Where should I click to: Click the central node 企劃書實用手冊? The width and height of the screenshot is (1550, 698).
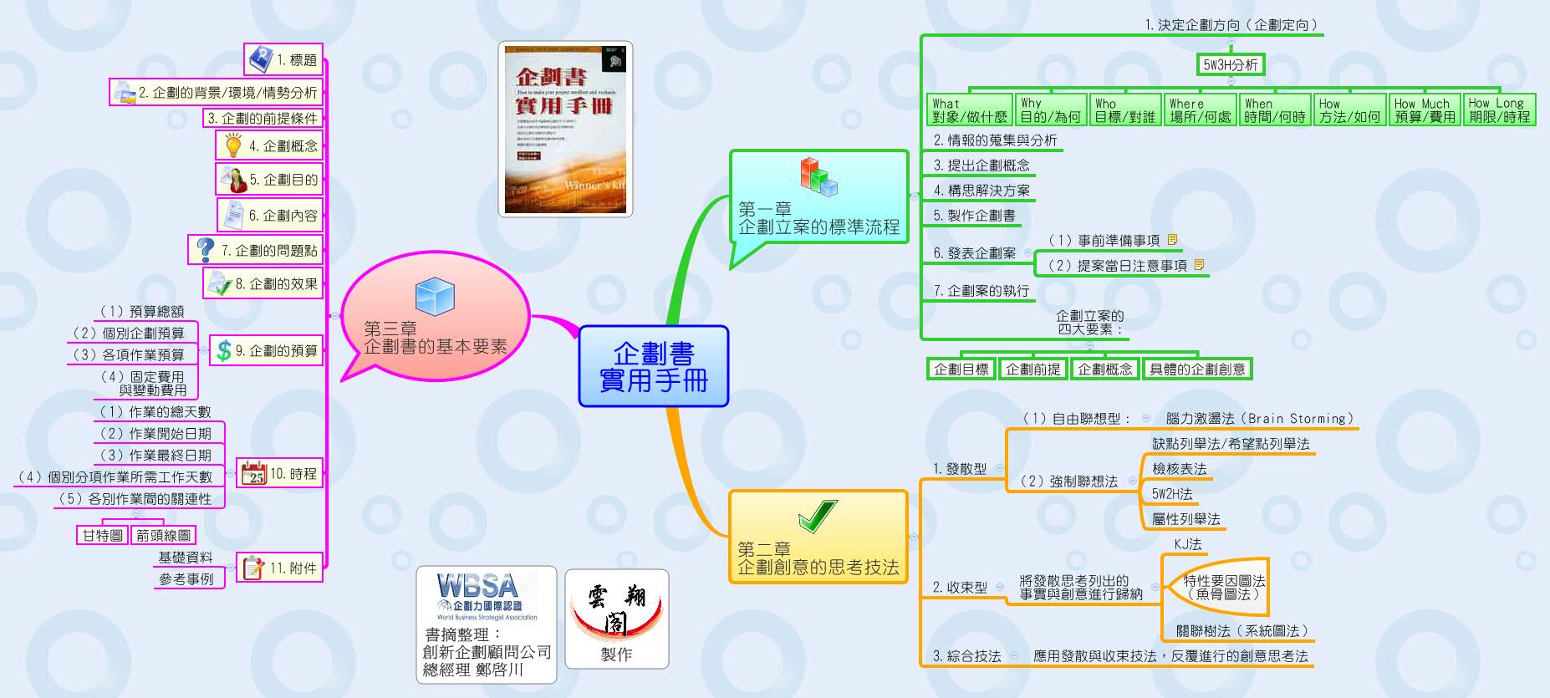pos(653,366)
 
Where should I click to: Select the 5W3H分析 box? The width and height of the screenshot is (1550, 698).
pos(1230,64)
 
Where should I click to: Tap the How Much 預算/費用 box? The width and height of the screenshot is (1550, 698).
pos(1425,110)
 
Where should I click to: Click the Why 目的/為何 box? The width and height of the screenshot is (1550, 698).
pos(1050,110)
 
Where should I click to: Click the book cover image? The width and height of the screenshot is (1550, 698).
pos(565,129)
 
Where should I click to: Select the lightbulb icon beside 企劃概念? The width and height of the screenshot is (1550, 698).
pos(233,145)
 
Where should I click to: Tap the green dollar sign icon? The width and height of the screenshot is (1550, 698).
pos(223,350)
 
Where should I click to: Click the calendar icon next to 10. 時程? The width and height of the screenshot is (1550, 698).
pos(252,474)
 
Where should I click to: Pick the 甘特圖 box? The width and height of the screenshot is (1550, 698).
pos(103,535)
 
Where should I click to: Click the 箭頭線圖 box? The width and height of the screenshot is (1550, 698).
pos(163,535)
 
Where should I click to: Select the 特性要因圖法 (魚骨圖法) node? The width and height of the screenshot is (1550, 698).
pos(1223,587)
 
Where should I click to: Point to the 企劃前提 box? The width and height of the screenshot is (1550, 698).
pos(1032,369)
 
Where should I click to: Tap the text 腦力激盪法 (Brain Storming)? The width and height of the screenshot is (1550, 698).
pos(1259,419)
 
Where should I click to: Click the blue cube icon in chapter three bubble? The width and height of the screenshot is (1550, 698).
pos(435,296)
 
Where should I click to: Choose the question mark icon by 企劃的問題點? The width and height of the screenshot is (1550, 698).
pos(205,249)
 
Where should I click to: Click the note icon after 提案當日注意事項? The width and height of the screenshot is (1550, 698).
pos(1199,264)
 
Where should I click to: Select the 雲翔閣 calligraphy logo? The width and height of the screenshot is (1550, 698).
pos(616,609)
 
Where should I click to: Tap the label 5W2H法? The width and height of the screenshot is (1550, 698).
pos(1172,494)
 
